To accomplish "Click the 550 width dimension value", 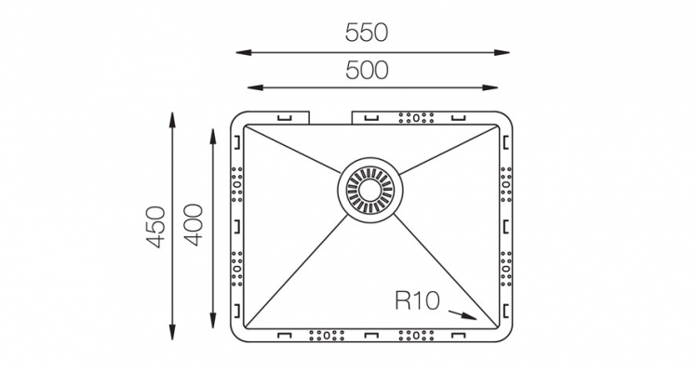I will [366, 33].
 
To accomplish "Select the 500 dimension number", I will [366, 70].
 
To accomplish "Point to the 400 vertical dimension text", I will [195, 227].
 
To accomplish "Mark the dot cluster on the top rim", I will [416, 117].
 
